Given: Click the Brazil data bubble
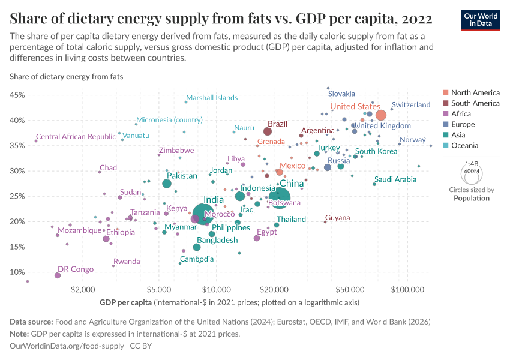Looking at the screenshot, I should [x=268, y=131].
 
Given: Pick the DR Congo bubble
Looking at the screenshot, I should [x=58, y=275].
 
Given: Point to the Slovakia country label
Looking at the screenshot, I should [x=341, y=94].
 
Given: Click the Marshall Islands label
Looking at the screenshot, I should [x=212, y=98].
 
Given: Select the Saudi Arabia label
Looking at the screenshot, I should [x=395, y=179].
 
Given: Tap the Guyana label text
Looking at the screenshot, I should [x=337, y=218].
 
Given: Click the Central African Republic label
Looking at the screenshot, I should [x=76, y=137].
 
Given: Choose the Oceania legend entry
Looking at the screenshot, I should [x=464, y=145].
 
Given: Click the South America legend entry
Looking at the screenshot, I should [x=475, y=103].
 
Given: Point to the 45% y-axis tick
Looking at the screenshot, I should [x=16, y=95].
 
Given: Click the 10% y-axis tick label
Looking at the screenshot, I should [x=16, y=272].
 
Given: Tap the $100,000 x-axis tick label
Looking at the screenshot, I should [x=407, y=289].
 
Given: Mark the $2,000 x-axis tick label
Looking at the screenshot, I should [x=83, y=289].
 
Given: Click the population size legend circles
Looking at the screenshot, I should [x=471, y=174].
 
